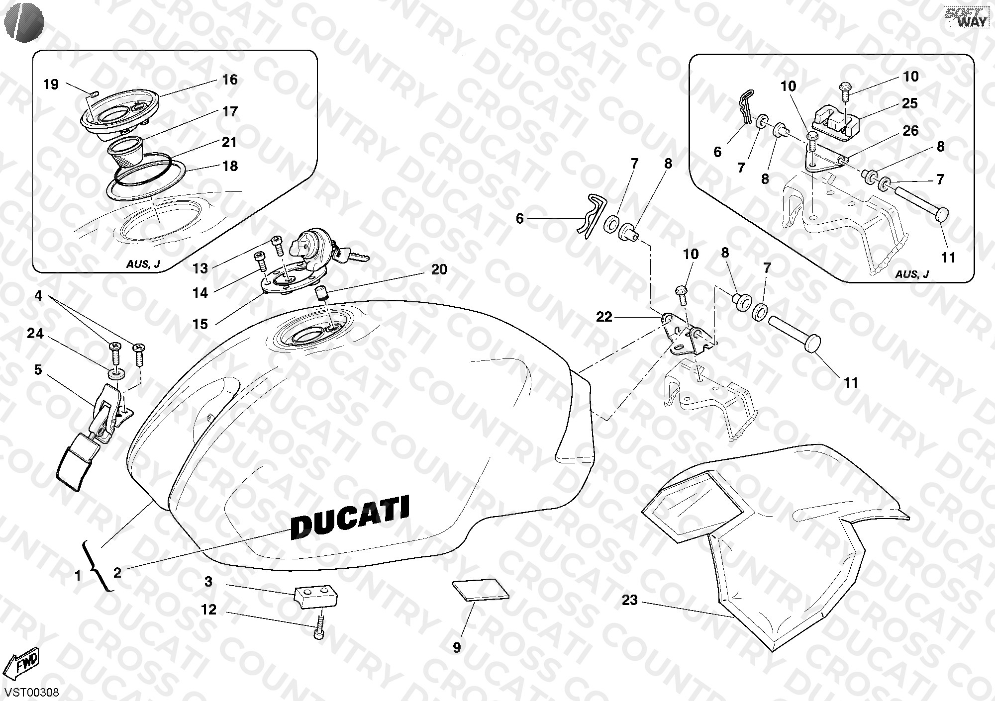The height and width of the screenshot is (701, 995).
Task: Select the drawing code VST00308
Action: point(30,692)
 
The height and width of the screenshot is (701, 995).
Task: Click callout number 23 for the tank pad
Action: point(629,600)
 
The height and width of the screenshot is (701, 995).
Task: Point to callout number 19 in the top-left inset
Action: point(51,85)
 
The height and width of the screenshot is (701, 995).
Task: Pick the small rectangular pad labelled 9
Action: point(481,591)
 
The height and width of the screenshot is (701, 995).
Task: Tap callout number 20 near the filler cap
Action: point(439,269)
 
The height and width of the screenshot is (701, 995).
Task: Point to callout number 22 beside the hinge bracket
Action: point(604,317)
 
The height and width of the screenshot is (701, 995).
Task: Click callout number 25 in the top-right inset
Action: point(910,103)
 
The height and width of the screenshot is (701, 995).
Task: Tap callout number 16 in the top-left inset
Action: point(230,80)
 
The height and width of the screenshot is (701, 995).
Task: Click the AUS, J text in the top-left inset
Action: point(143,263)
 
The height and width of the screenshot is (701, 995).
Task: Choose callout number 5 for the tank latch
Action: point(38,369)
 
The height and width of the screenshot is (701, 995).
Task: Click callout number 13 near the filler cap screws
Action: point(200,268)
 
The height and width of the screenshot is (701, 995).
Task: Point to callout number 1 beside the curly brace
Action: point(77,576)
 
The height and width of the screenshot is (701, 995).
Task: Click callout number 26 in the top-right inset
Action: point(911,131)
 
